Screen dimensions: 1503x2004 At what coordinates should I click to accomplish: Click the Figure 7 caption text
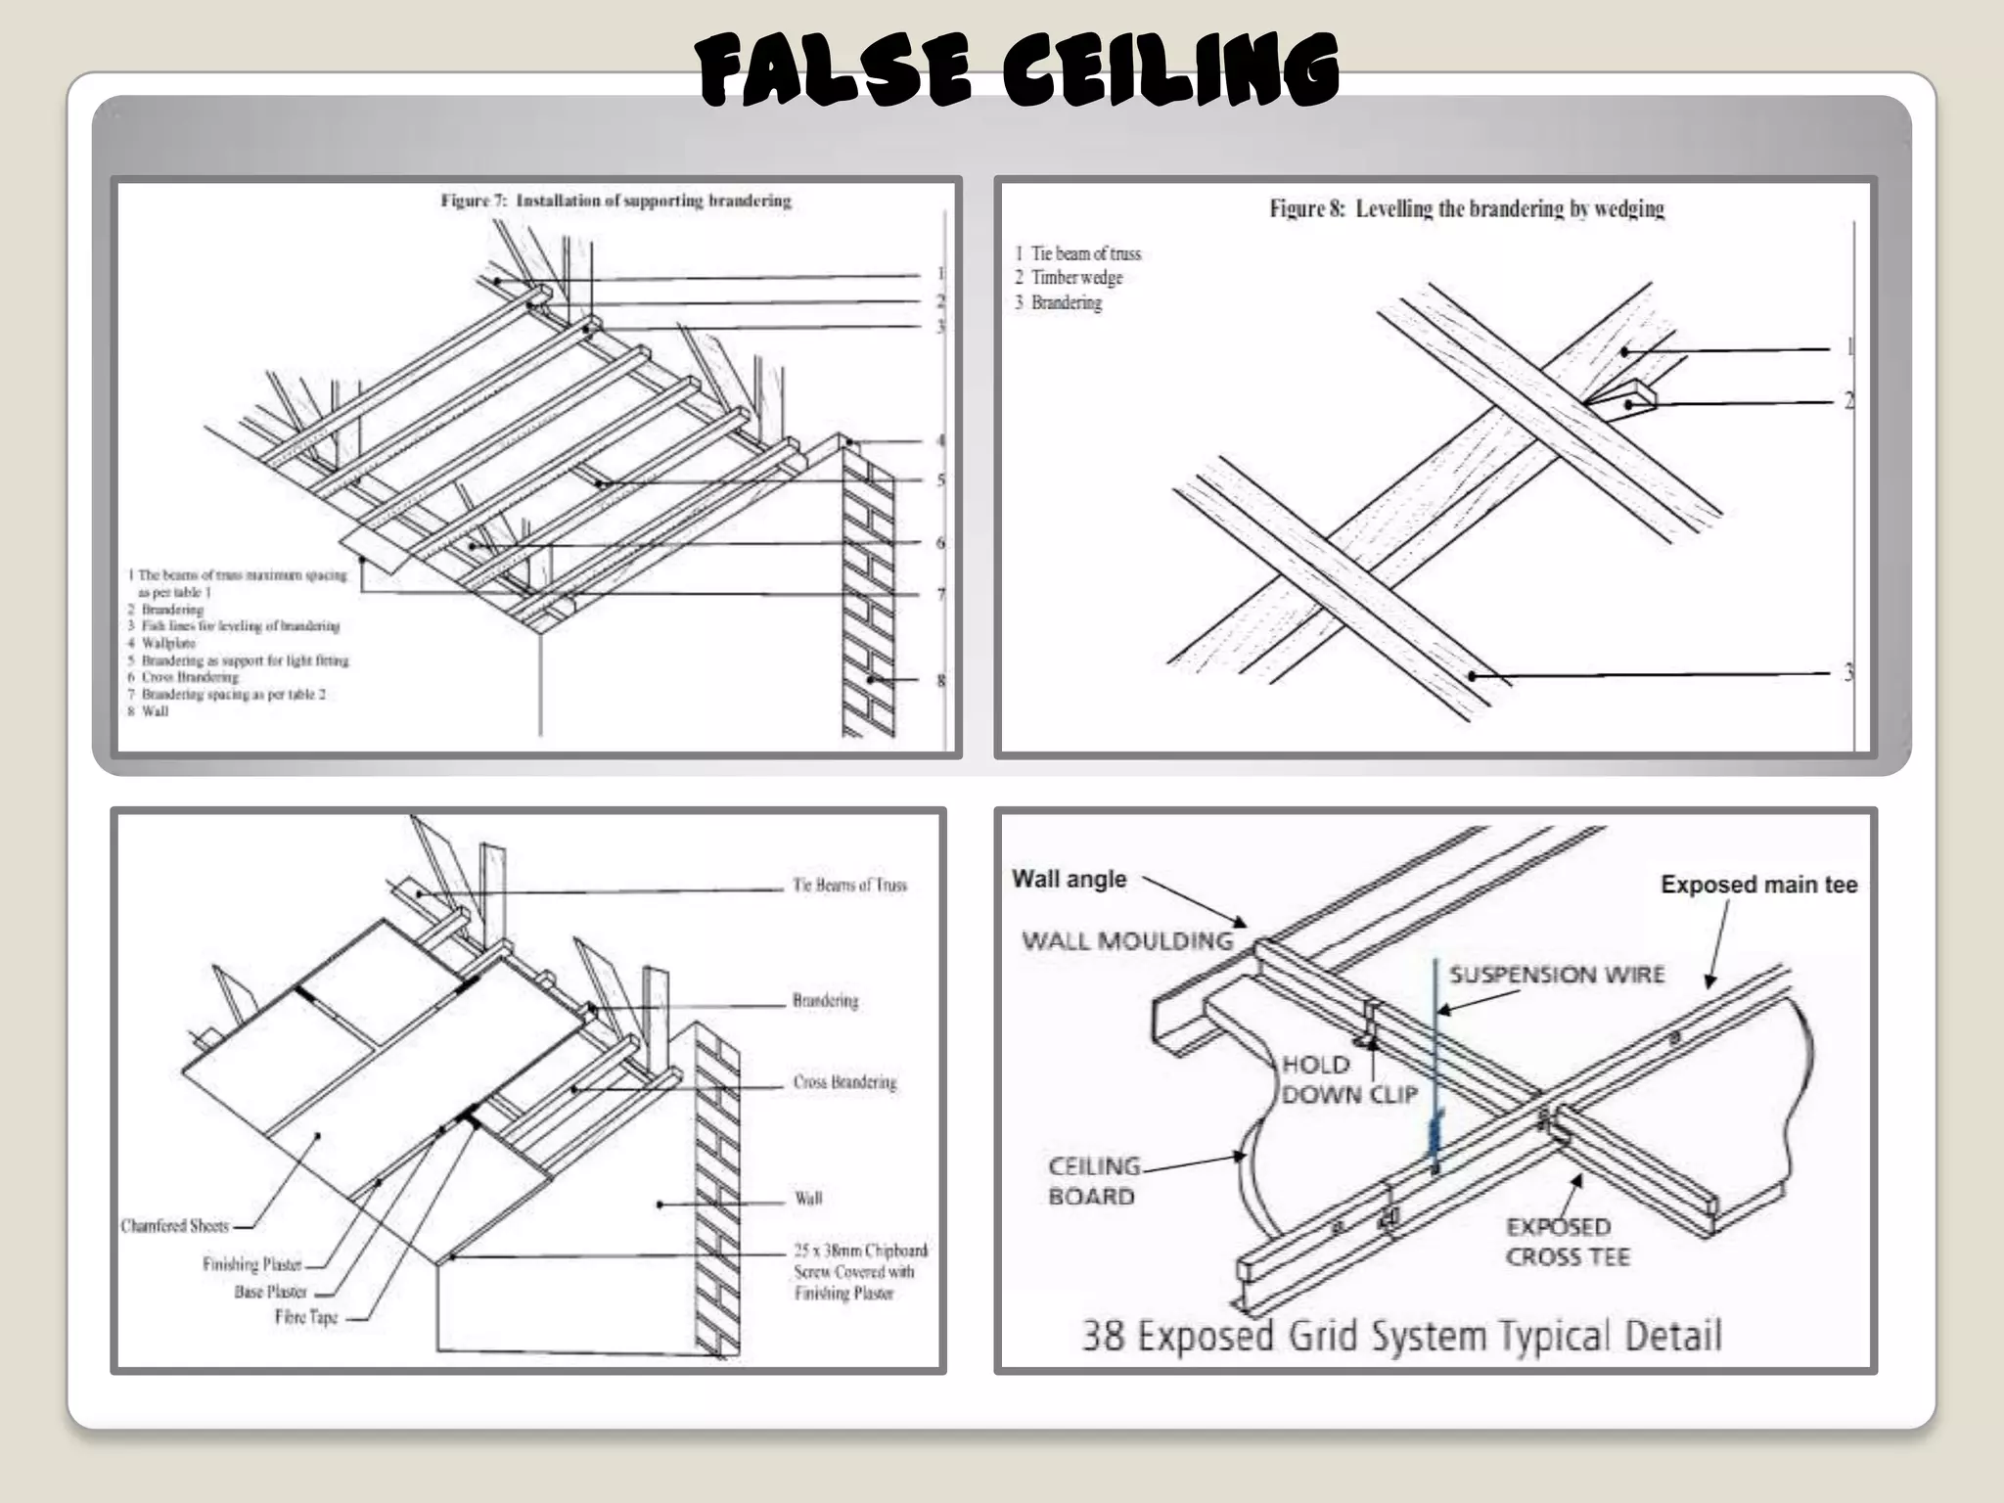click(x=615, y=201)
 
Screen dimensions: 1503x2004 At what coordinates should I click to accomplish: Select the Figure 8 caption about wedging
click(x=1466, y=208)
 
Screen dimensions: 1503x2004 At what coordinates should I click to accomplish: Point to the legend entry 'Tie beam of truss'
click(x=1077, y=253)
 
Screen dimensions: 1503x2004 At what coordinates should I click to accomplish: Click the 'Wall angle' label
click(x=1069, y=879)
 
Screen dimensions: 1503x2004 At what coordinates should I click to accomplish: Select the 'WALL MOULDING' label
click(x=1127, y=940)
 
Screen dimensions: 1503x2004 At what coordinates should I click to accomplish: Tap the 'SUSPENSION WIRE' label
click(x=1556, y=975)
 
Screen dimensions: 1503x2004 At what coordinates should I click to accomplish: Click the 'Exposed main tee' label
click(x=1758, y=885)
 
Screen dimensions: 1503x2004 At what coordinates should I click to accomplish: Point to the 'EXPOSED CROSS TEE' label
click(x=1568, y=1242)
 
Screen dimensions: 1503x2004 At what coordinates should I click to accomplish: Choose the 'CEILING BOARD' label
click(x=1092, y=1181)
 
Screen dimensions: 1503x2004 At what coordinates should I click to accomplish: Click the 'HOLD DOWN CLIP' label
click(x=1348, y=1079)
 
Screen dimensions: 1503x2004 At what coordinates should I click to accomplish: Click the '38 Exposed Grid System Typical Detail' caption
click(x=1401, y=1336)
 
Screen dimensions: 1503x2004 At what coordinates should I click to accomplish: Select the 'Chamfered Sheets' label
click(x=175, y=1226)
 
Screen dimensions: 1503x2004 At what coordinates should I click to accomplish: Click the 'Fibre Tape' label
click(x=306, y=1317)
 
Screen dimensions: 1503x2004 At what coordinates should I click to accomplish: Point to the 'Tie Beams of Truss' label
click(x=849, y=886)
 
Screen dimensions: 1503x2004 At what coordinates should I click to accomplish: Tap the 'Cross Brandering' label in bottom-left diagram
click(x=844, y=1082)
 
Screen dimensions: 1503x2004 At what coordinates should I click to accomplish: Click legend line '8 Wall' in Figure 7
click(x=149, y=711)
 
